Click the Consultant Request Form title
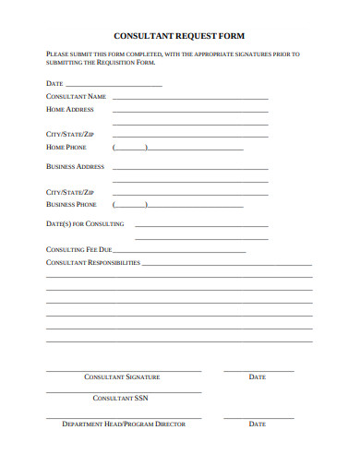click(x=180, y=35)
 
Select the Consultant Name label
click(x=76, y=96)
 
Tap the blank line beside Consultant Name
click(x=190, y=97)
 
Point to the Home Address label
click(x=70, y=109)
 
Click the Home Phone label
click(x=66, y=147)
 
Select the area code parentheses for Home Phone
click(x=129, y=148)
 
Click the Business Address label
click(x=76, y=167)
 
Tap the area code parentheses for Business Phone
click(x=129, y=205)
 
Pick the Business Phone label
click(x=71, y=205)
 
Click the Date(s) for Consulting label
click(x=85, y=223)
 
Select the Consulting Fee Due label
click(x=79, y=249)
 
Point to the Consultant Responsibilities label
click(x=93, y=262)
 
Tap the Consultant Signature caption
click(x=122, y=376)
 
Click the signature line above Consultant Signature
click(x=124, y=370)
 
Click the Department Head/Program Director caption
click(x=124, y=424)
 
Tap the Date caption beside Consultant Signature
click(x=258, y=376)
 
